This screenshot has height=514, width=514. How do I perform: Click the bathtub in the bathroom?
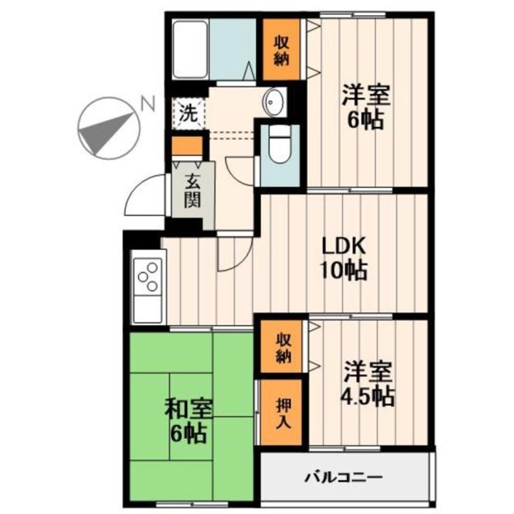190,49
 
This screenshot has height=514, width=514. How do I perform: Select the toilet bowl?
279,144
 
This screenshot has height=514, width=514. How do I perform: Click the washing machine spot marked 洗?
189,114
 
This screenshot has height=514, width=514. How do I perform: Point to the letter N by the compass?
148,104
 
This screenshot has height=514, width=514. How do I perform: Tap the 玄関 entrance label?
193,191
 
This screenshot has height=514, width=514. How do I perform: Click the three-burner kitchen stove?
148,276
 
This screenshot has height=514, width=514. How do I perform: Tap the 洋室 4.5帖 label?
368,383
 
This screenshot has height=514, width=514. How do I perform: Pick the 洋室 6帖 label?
366,107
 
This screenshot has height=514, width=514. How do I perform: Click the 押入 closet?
281,413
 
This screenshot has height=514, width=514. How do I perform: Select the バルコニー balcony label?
344,476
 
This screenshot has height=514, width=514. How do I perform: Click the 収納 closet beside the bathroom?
281,49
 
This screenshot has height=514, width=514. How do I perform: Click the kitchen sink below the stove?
148,308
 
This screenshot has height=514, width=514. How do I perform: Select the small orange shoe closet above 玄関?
187,146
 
